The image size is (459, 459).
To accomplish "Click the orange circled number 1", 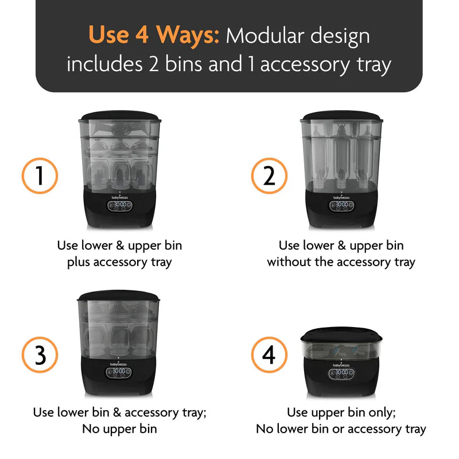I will pyautogui.click(x=40, y=175).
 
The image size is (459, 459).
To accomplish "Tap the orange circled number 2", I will pyautogui.click(x=269, y=176).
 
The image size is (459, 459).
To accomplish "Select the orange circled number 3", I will pyautogui.click(x=40, y=355).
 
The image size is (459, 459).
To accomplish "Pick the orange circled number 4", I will pyautogui.click(x=269, y=355).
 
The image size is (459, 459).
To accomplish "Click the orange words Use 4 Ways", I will pyautogui.click(x=154, y=36).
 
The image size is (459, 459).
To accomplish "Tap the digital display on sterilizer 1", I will pyautogui.click(x=120, y=204).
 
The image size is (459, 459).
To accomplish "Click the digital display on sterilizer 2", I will pyautogui.click(x=342, y=204).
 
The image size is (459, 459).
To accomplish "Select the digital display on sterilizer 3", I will pyautogui.click(x=119, y=371).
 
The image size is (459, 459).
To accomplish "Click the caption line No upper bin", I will pyautogui.click(x=119, y=429).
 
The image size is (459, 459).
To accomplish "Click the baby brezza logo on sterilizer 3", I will pyautogui.click(x=119, y=363).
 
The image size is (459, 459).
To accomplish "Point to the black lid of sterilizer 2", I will pyautogui.click(x=343, y=116).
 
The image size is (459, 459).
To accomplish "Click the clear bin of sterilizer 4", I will pyautogui.click(x=341, y=351).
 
